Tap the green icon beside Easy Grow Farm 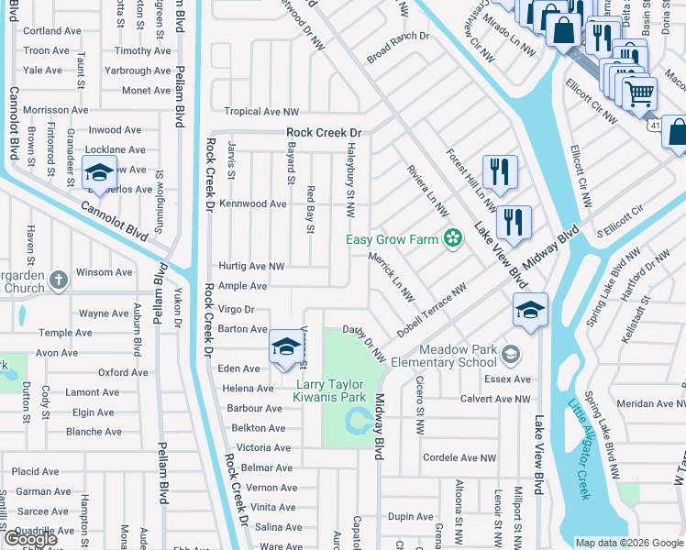click(x=451, y=240)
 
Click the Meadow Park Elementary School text click(x=458, y=356)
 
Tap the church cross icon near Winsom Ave click(x=58, y=280)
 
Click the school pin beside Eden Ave click(x=286, y=346)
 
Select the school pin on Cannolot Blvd click(x=98, y=174)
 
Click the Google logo click(x=31, y=538)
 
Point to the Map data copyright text click(x=629, y=543)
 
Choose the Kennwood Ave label click(x=253, y=203)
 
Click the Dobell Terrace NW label click(x=432, y=309)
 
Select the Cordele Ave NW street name click(x=459, y=457)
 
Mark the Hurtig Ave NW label click(x=250, y=266)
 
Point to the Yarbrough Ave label click(x=138, y=71)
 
